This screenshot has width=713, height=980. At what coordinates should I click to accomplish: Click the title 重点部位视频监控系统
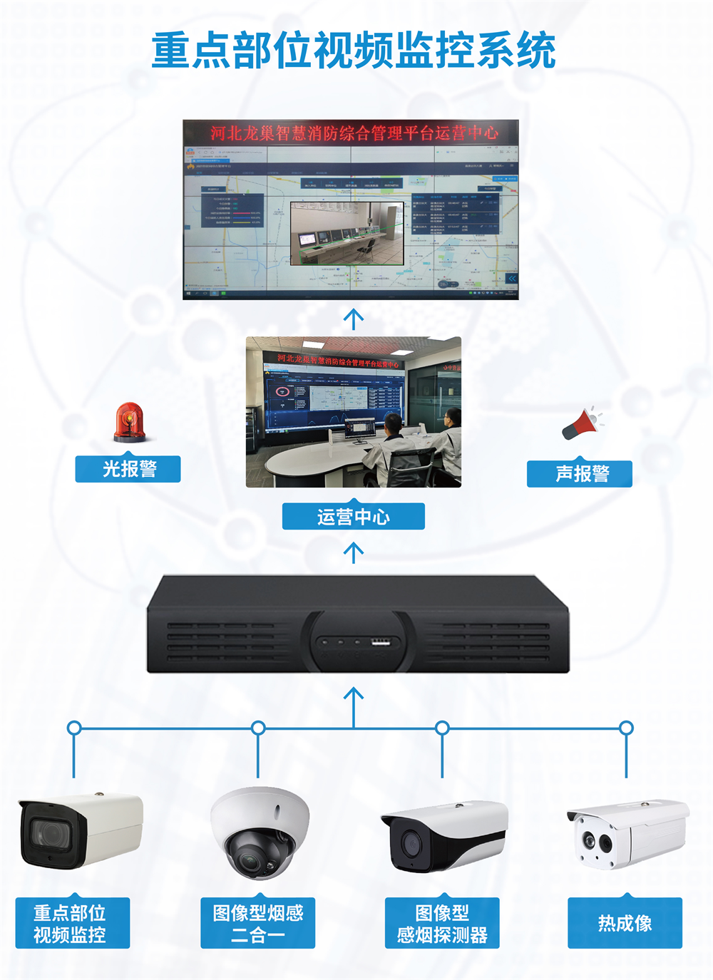(354, 51)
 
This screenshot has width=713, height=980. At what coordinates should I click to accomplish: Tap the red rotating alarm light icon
(129, 423)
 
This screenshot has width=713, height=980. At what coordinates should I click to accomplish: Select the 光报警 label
(128, 469)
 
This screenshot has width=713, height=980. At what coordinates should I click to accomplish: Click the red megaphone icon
(581, 423)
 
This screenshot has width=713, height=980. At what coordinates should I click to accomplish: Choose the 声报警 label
(580, 474)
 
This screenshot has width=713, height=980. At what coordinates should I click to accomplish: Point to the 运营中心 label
(354, 516)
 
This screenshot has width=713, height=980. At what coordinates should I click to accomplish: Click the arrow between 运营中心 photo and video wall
(354, 319)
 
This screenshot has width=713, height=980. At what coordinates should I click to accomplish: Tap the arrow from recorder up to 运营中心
(354, 552)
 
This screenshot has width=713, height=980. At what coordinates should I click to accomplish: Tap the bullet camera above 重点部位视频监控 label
(80, 831)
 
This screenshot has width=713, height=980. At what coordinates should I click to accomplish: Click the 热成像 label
(625, 923)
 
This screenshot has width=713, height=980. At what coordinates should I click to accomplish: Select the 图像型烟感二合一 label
(258, 923)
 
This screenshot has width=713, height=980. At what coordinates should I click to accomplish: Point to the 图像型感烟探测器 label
(442, 923)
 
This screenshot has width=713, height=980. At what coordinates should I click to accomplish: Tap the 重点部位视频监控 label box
(72, 923)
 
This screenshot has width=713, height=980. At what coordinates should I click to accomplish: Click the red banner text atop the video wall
(354, 133)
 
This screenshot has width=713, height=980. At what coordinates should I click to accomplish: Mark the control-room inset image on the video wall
(347, 233)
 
